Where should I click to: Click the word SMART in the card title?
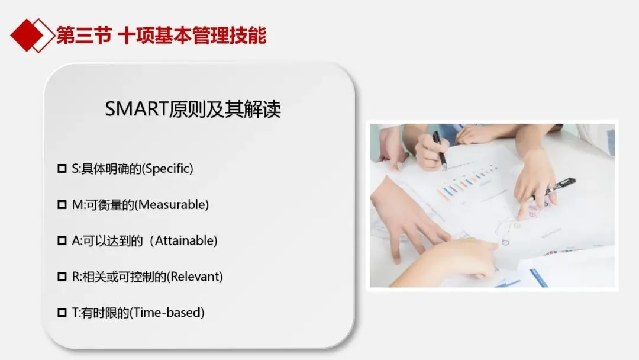[x=137, y=109]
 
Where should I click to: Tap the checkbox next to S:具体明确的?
[x=62, y=168]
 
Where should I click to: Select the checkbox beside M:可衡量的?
[x=62, y=204]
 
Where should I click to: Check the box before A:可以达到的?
[x=62, y=240]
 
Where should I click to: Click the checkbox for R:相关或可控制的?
[x=62, y=277]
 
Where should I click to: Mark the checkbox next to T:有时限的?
[x=62, y=312]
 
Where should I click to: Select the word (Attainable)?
[x=184, y=240]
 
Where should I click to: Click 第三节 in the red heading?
[x=83, y=36]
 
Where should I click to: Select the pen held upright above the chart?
[x=439, y=150]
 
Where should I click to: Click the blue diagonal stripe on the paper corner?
[x=539, y=278]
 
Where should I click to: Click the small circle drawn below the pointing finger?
[x=505, y=243]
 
